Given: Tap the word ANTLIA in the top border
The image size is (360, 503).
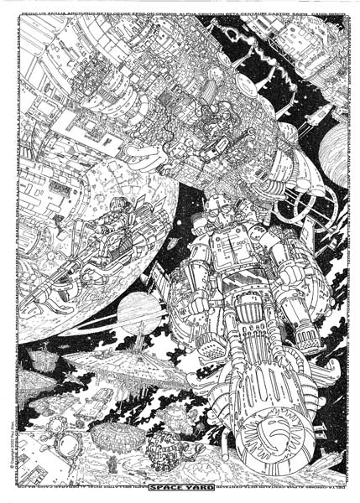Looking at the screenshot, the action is pos(55,12).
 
